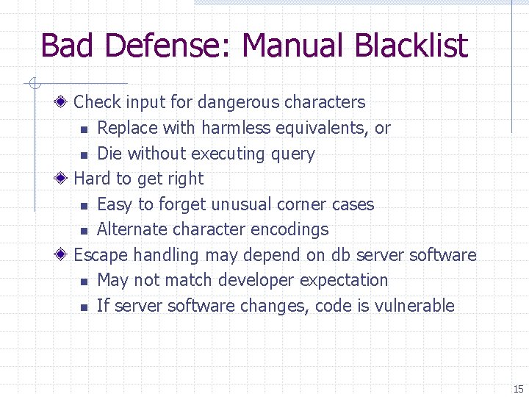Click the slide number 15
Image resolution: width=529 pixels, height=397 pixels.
pyautogui.click(x=518, y=389)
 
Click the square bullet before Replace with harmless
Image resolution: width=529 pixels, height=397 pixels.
pyautogui.click(x=84, y=129)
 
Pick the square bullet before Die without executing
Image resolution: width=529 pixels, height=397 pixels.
pyautogui.click(x=84, y=155)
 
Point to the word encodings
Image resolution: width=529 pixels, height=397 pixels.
pyautogui.click(x=290, y=229)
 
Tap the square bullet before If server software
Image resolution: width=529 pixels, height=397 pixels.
pyautogui.click(x=84, y=307)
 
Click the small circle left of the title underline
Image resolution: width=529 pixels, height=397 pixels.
pyautogui.click(x=32, y=83)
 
